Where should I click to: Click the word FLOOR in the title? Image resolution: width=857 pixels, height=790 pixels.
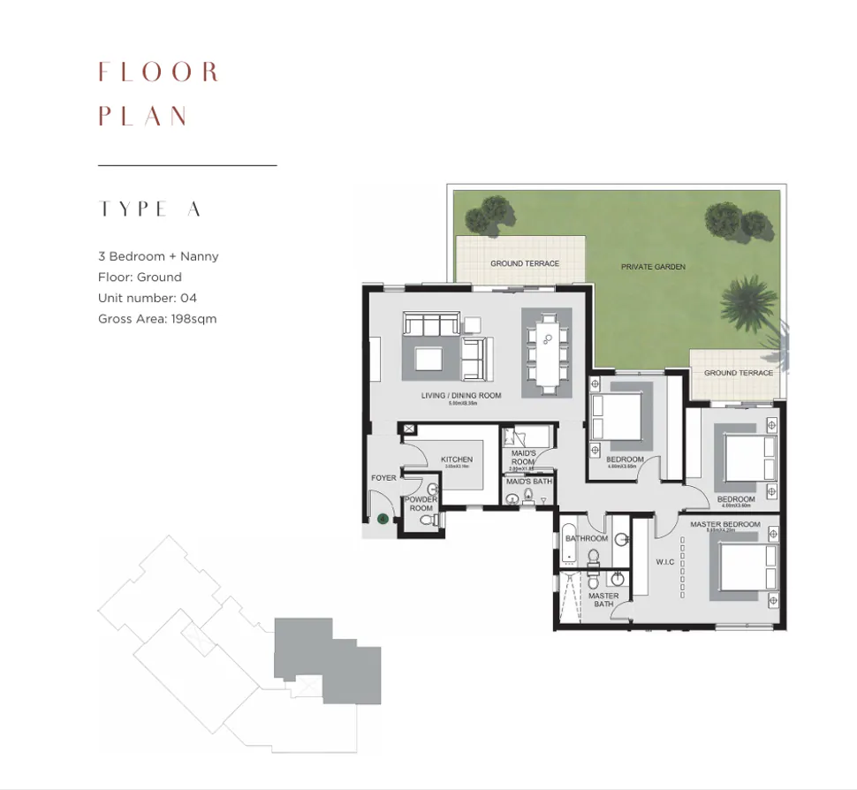158,72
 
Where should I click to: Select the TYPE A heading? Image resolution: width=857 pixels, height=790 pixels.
150,209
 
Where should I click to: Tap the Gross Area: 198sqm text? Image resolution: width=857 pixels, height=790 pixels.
157,318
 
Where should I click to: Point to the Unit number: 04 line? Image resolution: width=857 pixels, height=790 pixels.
148,298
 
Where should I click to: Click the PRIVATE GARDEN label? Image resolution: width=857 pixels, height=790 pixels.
653,266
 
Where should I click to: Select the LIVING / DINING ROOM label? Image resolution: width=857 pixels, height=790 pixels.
461,395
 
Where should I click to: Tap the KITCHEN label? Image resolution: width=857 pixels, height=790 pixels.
457,460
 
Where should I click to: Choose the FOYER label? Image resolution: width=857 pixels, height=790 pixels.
383,478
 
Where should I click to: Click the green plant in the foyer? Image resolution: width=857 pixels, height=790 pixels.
383,519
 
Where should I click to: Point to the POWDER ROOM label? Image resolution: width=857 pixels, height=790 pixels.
421,504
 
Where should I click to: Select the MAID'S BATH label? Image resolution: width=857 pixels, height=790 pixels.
529,482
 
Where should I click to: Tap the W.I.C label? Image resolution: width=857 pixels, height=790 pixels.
665,561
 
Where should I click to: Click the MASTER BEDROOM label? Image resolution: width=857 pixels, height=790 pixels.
724,525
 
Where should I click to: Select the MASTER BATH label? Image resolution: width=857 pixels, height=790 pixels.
604,600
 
